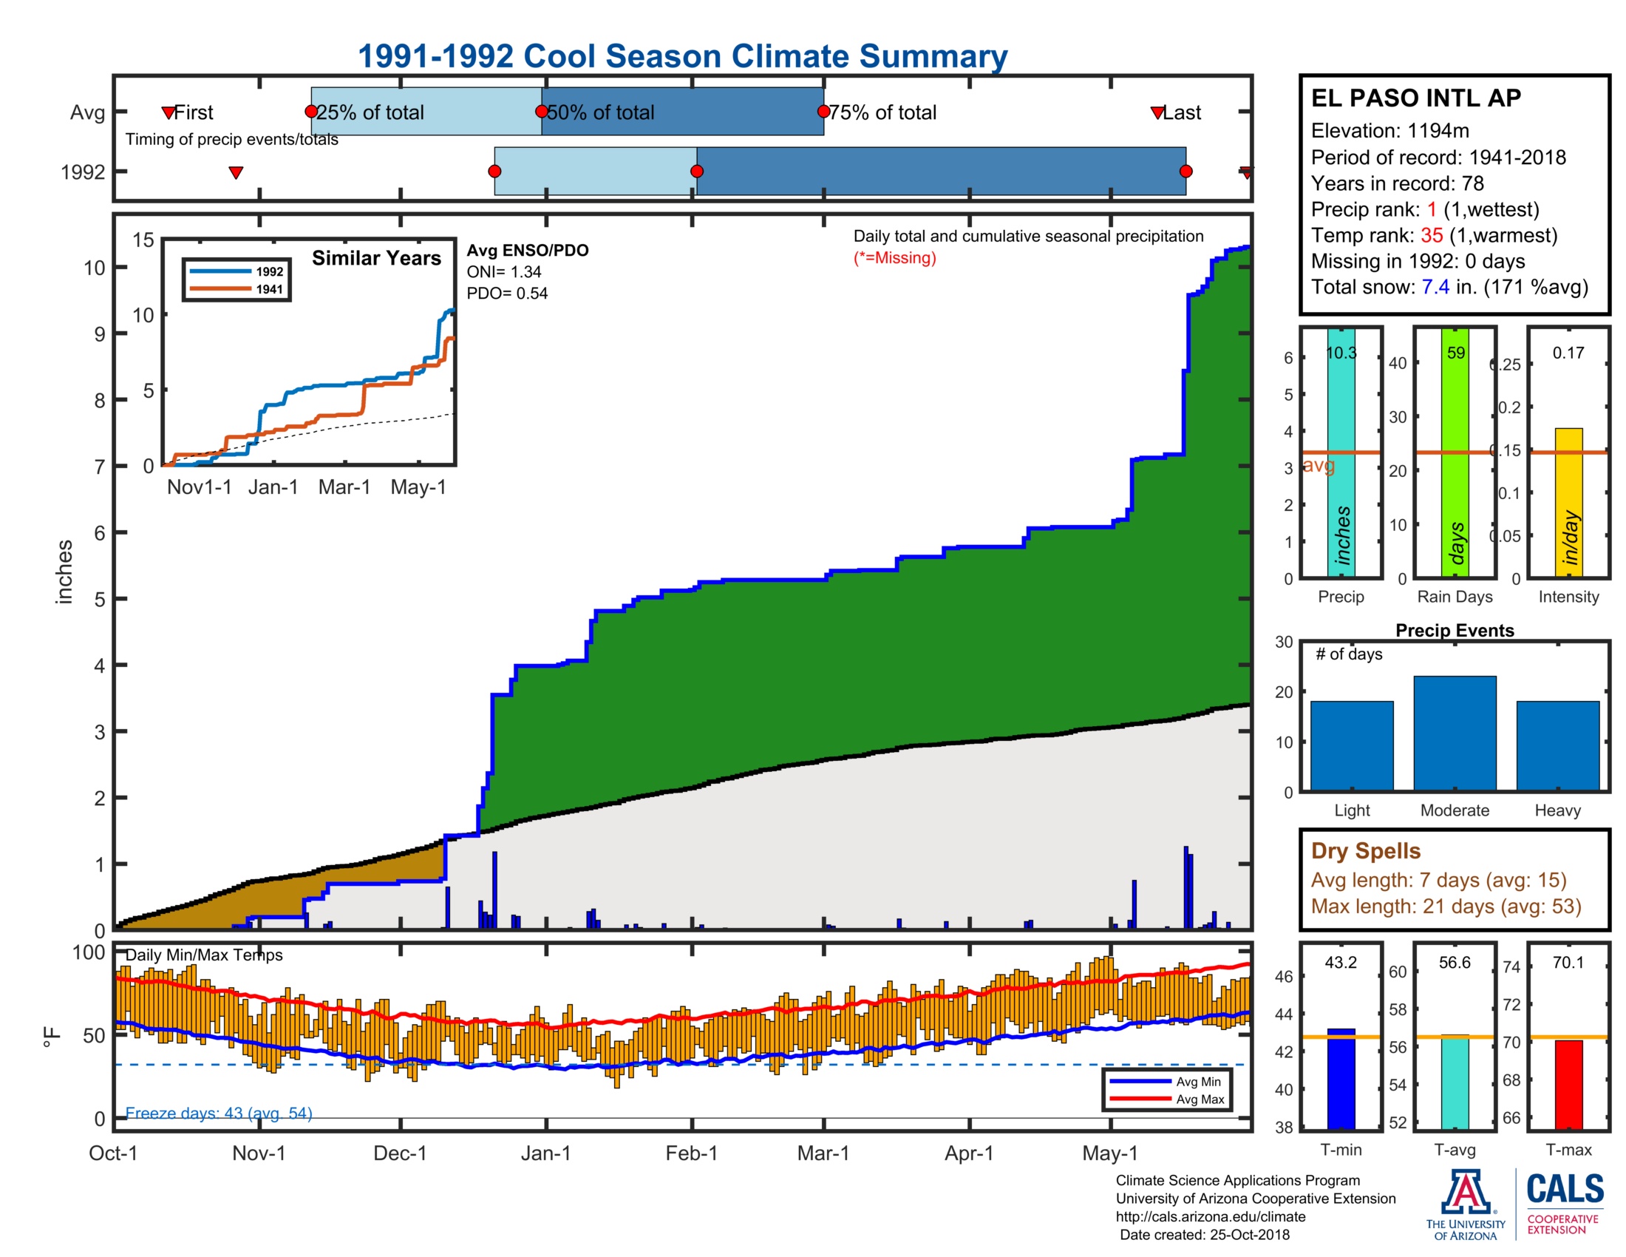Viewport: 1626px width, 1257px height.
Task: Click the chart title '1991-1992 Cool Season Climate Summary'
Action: click(682, 57)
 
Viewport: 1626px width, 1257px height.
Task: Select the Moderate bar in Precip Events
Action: click(1454, 733)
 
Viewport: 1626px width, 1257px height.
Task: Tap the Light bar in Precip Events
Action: click(1351, 745)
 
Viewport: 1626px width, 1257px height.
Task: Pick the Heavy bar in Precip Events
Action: click(1557, 745)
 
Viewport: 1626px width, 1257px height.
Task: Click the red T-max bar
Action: click(1568, 1084)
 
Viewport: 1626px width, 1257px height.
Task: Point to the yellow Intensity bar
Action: click(1568, 502)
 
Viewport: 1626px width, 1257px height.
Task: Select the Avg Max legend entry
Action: click(1200, 1099)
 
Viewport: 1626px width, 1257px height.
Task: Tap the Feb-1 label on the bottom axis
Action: click(691, 1153)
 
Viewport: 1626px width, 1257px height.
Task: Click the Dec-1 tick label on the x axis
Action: click(400, 1153)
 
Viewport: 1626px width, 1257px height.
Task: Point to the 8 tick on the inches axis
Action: click(100, 401)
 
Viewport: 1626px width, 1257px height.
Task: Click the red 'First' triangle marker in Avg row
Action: click(169, 113)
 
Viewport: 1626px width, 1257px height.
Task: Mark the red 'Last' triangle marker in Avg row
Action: click(1157, 113)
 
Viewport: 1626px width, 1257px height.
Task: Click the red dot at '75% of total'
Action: click(823, 112)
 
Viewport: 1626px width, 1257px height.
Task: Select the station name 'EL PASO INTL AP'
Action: click(1415, 98)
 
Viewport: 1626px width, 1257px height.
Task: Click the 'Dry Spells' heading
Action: click(1365, 850)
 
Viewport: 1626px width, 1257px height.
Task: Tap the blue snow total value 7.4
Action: click(1435, 287)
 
